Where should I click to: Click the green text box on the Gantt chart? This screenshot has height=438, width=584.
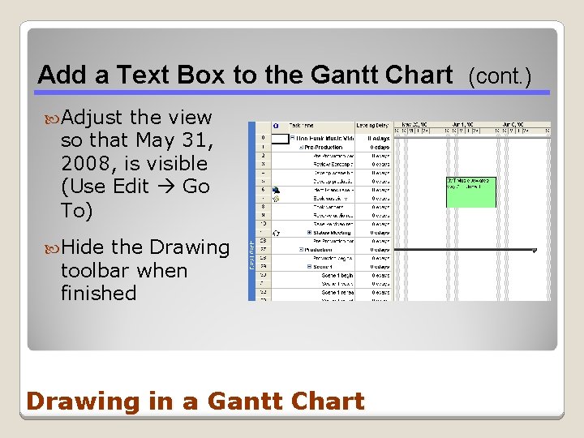point(470,192)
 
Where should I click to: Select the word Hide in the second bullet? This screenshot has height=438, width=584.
point(84,247)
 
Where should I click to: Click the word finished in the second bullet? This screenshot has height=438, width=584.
point(98,293)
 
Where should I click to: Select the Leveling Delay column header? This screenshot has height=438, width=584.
point(373,126)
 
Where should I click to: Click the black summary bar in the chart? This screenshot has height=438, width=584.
point(463,251)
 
